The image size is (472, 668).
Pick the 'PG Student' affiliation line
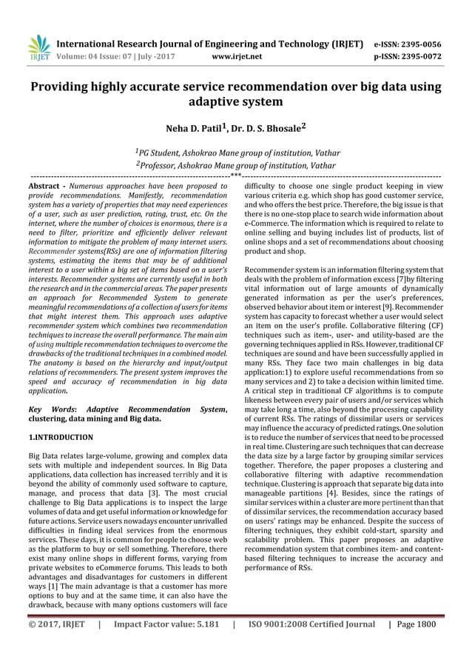tap(235, 153)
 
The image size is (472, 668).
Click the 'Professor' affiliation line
tap(235, 165)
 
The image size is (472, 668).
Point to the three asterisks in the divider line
tap(236, 176)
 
